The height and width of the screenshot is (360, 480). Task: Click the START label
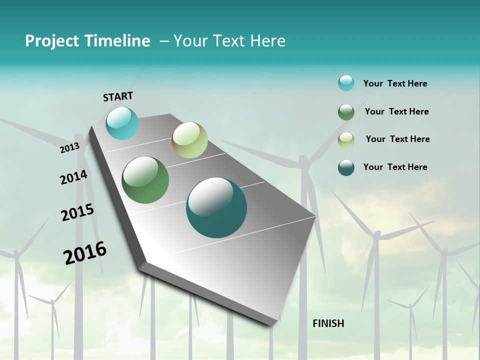click(118, 96)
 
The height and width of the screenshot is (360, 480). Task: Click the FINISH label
click(328, 323)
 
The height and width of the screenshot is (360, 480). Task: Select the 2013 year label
click(70, 148)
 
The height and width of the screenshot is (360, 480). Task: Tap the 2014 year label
click(74, 177)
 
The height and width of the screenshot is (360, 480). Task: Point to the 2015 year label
click(77, 212)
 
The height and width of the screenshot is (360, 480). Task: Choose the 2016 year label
click(85, 253)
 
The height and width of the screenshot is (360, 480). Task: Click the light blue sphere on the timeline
click(122, 123)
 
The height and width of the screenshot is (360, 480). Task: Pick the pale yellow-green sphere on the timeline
click(189, 140)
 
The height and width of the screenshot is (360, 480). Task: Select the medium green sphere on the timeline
click(145, 180)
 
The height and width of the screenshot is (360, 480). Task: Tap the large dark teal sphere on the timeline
click(216, 207)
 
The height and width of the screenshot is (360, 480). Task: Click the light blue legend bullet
click(346, 83)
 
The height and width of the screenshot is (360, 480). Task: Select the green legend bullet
click(346, 112)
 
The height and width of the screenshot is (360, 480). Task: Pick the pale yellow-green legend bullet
click(346, 140)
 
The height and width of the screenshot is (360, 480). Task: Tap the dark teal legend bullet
click(346, 167)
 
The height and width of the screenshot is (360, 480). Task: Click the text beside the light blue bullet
click(395, 84)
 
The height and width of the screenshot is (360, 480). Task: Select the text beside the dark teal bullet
click(395, 167)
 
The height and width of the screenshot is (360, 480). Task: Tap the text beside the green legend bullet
click(396, 111)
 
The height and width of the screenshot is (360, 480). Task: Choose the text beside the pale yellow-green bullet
click(397, 139)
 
